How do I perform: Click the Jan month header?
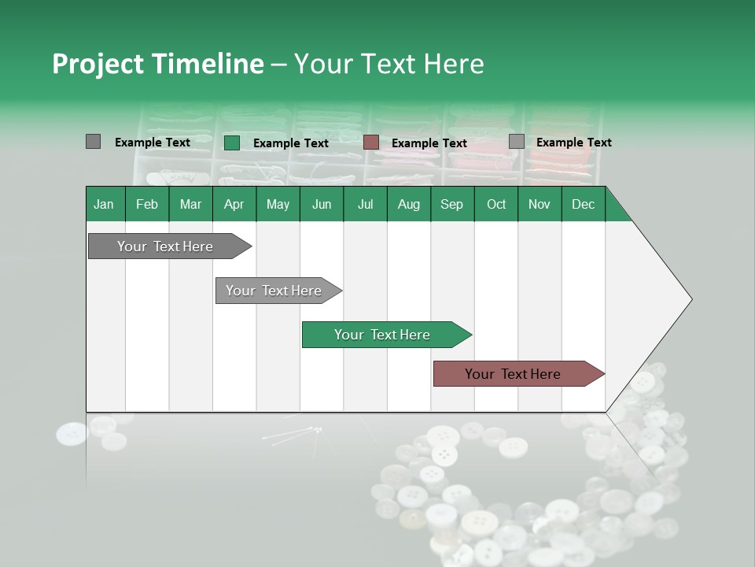[x=105, y=204]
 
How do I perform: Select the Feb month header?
[x=147, y=204]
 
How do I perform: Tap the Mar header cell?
[x=190, y=204]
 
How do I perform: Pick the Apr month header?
[x=234, y=204]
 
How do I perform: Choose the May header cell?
[x=278, y=204]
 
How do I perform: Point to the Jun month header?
[x=322, y=204]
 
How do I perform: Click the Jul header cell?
[x=365, y=204]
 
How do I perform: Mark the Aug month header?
[x=409, y=204]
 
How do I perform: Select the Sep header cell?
[x=452, y=204]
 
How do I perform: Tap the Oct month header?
[x=496, y=204]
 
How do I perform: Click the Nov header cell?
[x=540, y=204]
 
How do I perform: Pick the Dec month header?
[x=584, y=204]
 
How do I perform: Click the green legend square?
[x=232, y=143]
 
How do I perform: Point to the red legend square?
[x=371, y=143]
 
